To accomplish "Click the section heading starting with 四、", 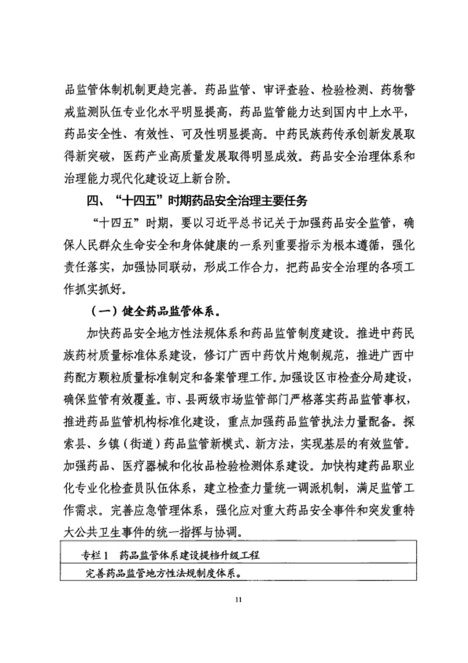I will pos(197,200).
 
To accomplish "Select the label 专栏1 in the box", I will pos(94,555).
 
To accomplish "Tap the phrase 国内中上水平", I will pos(369,112).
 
